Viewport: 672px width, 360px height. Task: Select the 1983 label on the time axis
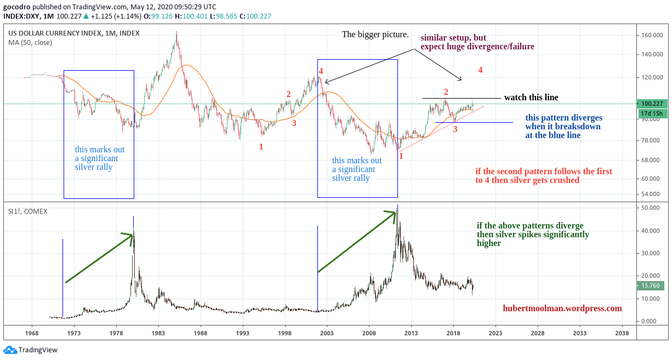tap(158, 333)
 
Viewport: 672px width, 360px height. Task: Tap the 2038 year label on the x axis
tap(622, 333)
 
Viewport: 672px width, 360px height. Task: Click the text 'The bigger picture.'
tap(375, 35)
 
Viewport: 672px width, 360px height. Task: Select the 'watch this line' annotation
tap(531, 98)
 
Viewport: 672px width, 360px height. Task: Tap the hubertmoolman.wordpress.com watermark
tap(562, 308)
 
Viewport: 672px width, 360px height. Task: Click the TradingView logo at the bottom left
tap(31, 350)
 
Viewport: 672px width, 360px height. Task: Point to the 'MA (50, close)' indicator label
tap(31, 43)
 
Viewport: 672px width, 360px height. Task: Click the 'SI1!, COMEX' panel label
tap(27, 211)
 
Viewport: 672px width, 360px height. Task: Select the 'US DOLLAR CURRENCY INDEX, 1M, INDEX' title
tap(73, 33)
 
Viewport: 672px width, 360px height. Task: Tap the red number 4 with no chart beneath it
tap(480, 70)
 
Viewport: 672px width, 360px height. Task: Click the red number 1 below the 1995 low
tap(261, 147)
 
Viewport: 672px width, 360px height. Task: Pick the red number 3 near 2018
tap(455, 129)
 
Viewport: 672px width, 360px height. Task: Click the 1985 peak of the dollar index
tap(176, 32)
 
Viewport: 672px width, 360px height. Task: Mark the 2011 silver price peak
tap(397, 206)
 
